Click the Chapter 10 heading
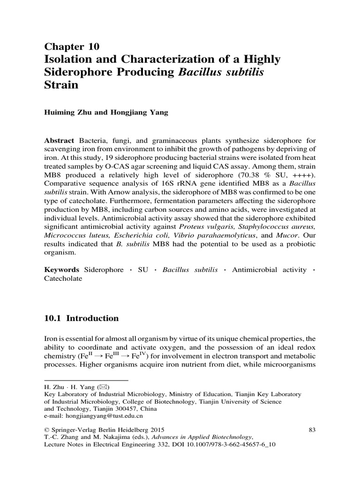72,46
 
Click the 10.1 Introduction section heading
81,318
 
